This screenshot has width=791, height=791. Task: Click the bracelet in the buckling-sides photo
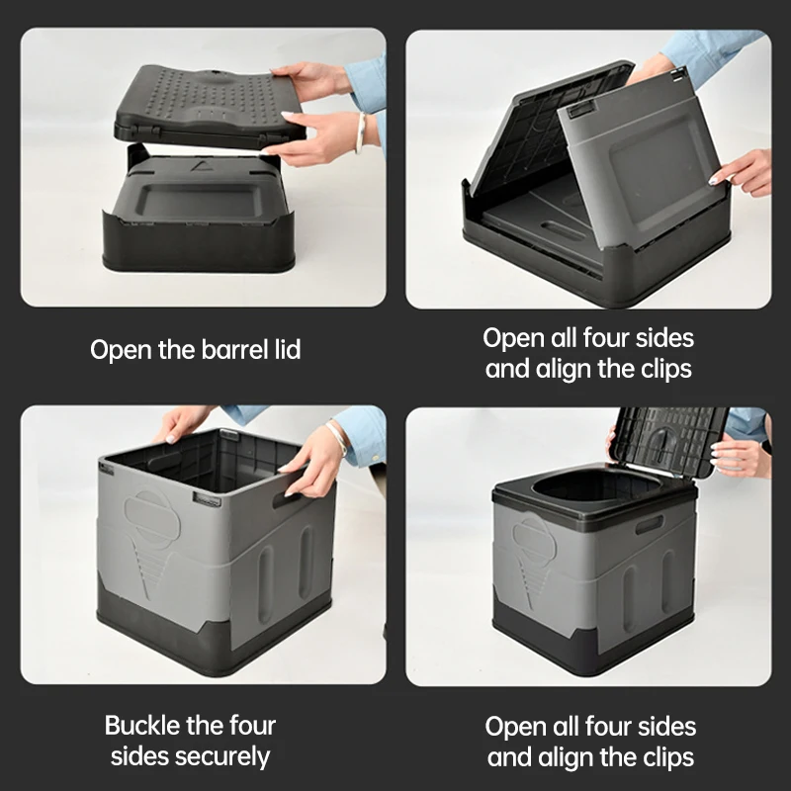(338, 436)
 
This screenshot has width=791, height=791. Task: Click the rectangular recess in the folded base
(204, 203)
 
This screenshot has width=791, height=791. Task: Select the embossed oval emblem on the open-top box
(148, 514)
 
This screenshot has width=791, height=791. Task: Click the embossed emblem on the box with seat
(535, 539)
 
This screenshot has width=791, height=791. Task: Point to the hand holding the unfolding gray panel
(744, 171)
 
